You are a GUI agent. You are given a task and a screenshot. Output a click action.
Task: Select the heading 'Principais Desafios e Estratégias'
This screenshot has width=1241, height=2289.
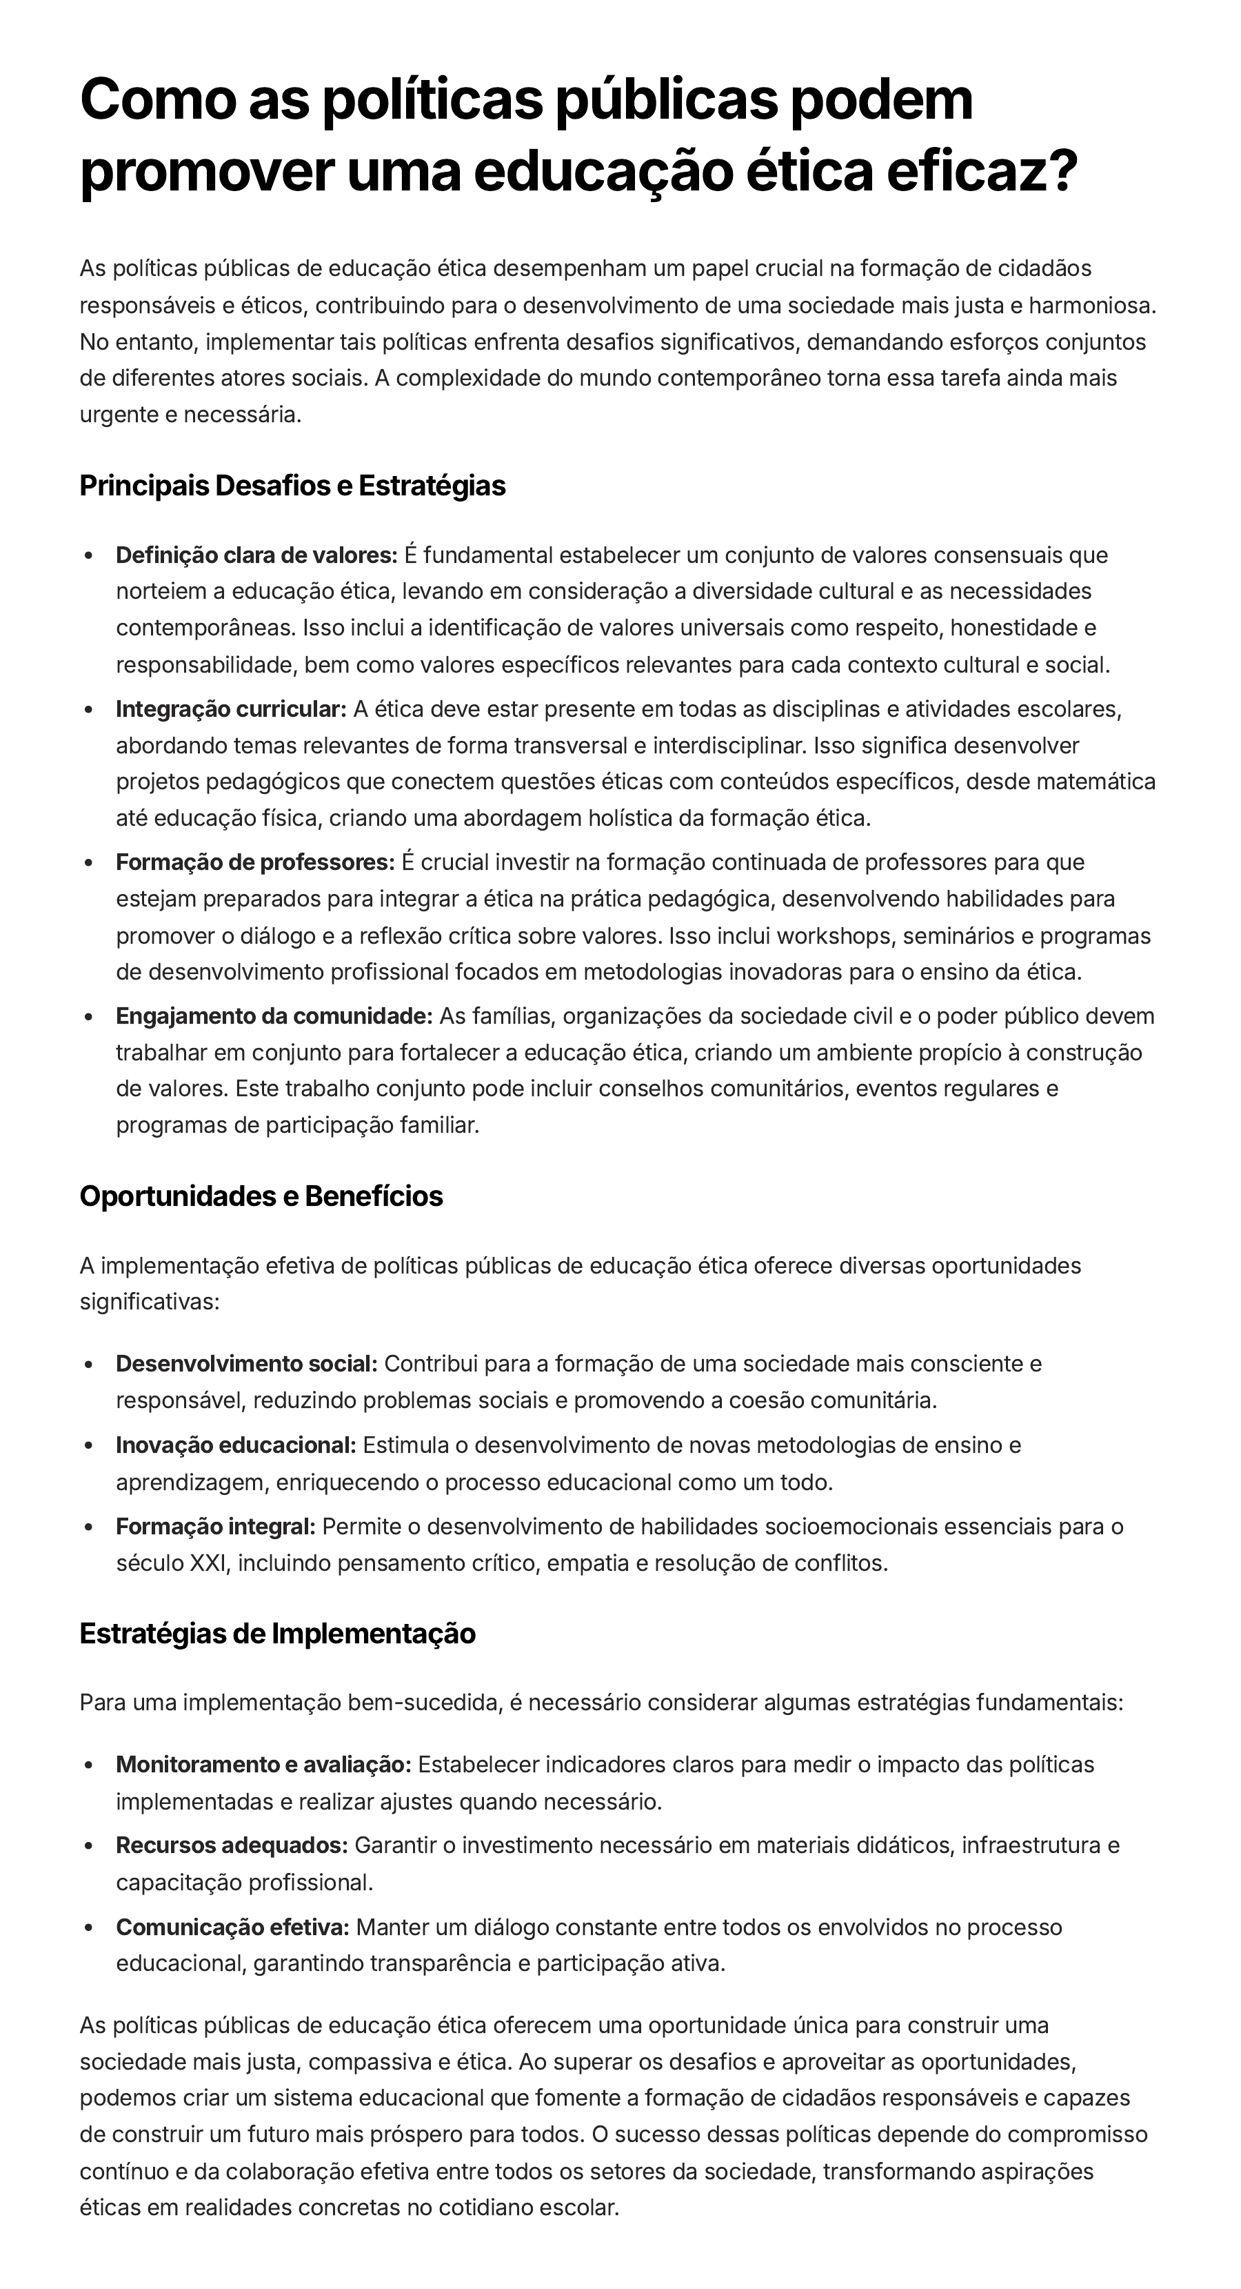[x=292, y=486]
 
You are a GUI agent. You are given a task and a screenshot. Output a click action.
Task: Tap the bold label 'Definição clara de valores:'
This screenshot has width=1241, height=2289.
[x=256, y=555]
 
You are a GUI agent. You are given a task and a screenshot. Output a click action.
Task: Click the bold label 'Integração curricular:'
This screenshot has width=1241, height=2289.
[x=231, y=709]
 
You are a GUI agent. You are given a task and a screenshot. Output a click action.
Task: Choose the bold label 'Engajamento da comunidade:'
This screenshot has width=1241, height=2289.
[x=274, y=1015]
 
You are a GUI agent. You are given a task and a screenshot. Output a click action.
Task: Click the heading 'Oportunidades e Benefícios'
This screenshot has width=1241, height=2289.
[x=261, y=1196]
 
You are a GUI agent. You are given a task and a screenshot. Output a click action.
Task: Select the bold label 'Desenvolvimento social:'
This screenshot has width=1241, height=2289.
[x=246, y=1364]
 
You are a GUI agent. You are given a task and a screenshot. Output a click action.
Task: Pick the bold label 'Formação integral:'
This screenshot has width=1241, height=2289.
[x=216, y=1527]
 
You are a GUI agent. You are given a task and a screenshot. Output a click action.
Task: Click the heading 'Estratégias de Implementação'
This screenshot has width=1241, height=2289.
[x=277, y=1633]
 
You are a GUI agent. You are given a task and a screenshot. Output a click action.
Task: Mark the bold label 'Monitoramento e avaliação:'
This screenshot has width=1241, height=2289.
[x=263, y=1764]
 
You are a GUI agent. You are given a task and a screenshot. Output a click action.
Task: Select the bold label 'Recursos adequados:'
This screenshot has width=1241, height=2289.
[x=231, y=1845]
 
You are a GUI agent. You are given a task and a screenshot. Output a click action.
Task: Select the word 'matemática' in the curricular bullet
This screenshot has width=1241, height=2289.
[x=1105, y=782]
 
